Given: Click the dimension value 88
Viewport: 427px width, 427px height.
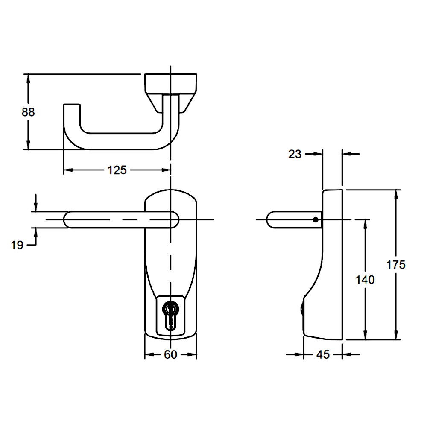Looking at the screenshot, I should (28, 112).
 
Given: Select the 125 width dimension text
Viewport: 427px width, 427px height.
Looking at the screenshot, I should (117, 170).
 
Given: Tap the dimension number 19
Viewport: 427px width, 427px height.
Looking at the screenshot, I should (17, 245).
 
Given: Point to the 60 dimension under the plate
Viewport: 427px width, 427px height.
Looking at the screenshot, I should (170, 354).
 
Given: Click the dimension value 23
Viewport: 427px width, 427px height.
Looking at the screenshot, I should (295, 154).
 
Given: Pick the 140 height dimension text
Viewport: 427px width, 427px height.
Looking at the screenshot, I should (365, 280).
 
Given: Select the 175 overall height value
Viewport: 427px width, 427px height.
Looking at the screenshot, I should (396, 265).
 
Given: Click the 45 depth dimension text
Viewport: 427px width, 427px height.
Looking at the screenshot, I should (323, 354).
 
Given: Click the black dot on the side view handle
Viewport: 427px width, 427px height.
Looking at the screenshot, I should (315, 220).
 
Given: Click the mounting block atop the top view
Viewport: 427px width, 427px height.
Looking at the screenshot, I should (171, 83).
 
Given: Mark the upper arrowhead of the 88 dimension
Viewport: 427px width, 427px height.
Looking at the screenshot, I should (28, 78).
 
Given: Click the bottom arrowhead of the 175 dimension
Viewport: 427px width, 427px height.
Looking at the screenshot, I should (397, 336).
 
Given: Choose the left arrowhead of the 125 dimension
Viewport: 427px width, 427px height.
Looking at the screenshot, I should (67, 170).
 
